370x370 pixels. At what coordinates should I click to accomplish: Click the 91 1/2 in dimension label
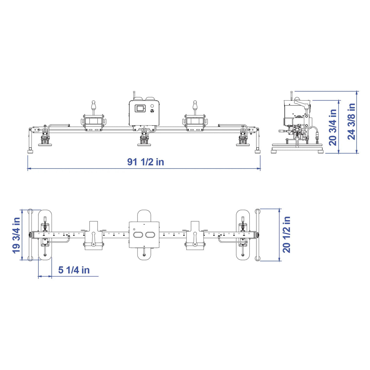click(x=146, y=162)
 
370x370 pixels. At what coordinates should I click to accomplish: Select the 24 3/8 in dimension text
click(x=352, y=121)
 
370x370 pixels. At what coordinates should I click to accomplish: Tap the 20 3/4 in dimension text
click(x=333, y=127)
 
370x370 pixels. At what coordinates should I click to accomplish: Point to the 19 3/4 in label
click(x=16, y=235)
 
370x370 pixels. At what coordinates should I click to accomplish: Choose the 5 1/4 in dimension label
click(x=74, y=270)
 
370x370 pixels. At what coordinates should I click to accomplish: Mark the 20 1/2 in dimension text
click(x=286, y=234)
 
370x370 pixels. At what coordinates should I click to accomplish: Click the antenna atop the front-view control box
click(x=134, y=95)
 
